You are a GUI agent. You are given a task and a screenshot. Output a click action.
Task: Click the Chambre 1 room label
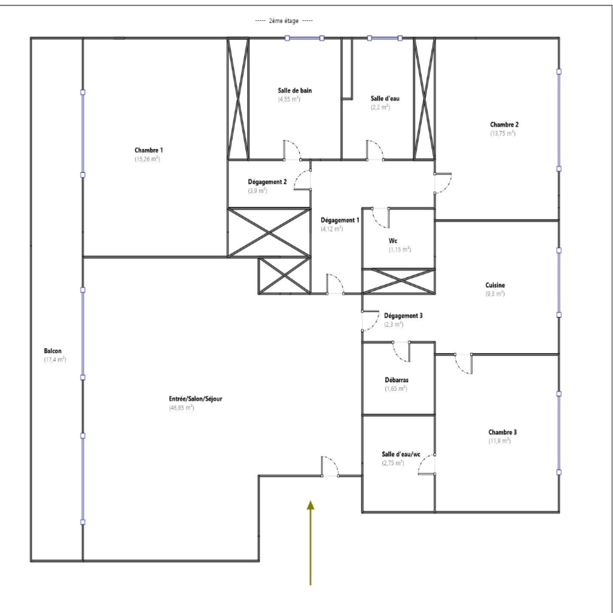point(149,150)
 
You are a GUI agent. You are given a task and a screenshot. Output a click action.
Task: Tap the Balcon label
point(52,351)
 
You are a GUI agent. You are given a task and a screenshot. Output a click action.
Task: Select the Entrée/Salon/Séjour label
point(195,399)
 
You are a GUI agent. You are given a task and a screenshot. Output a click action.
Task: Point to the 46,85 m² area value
point(182,408)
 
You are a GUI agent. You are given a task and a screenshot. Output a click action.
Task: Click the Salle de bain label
point(295,90)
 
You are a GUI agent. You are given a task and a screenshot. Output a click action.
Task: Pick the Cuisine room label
point(495,285)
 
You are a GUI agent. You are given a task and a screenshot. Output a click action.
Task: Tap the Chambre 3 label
point(502,432)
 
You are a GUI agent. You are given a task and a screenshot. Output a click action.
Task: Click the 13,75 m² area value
point(503,133)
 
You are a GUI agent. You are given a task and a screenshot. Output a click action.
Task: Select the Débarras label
point(397,380)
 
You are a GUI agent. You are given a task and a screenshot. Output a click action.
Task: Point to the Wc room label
point(393,241)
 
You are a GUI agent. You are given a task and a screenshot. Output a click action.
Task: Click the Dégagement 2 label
point(267,182)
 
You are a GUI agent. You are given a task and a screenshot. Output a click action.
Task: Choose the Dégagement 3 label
point(403,316)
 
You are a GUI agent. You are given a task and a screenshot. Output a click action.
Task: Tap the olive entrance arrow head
point(310,505)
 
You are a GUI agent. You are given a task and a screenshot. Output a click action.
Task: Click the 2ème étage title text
point(284,21)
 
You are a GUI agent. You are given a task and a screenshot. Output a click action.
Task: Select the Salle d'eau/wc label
point(401,454)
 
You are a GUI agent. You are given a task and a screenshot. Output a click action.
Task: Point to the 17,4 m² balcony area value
point(55,360)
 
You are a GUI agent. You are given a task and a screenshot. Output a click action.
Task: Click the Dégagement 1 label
point(340,220)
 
